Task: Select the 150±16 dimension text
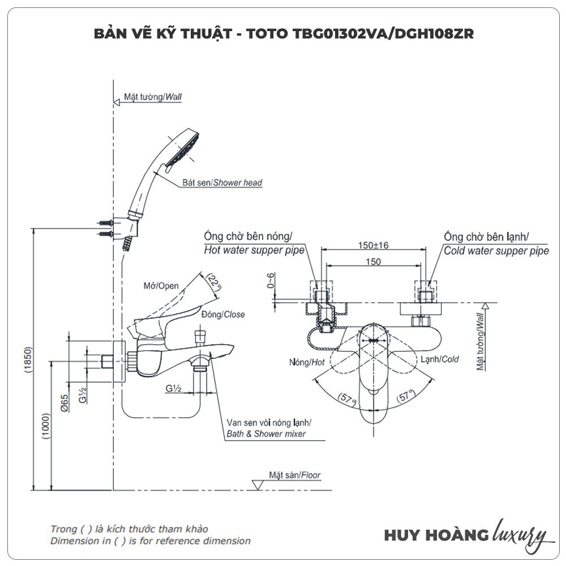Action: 373,245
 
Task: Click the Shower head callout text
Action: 222,183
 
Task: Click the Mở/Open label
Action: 161,286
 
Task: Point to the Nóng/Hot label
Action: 306,362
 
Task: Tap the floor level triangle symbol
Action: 257,484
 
